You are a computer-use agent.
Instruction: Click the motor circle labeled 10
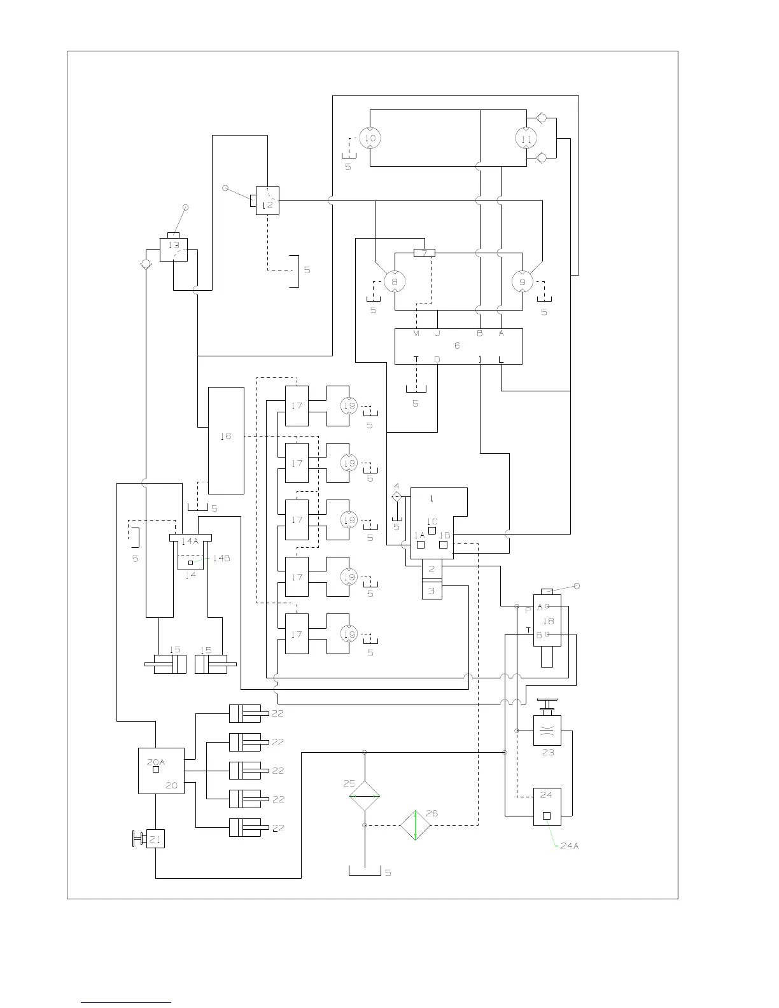370,138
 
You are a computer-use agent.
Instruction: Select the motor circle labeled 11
526,139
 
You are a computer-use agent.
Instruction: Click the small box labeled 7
425,253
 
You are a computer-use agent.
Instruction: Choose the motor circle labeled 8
395,281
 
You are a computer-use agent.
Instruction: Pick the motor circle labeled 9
523,281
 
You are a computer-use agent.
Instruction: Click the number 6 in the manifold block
457,345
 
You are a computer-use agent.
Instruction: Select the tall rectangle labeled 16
227,440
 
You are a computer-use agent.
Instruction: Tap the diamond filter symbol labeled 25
365,795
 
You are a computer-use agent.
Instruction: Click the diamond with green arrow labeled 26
415,825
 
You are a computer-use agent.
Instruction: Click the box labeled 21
155,839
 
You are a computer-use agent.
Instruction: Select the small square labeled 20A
156,769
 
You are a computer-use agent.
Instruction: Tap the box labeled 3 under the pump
432,591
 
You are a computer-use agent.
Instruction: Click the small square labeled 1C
432,530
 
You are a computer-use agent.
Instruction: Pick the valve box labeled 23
547,731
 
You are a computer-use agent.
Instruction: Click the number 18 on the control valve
548,620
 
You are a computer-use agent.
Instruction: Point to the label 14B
221,558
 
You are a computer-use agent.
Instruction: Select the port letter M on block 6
416,333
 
